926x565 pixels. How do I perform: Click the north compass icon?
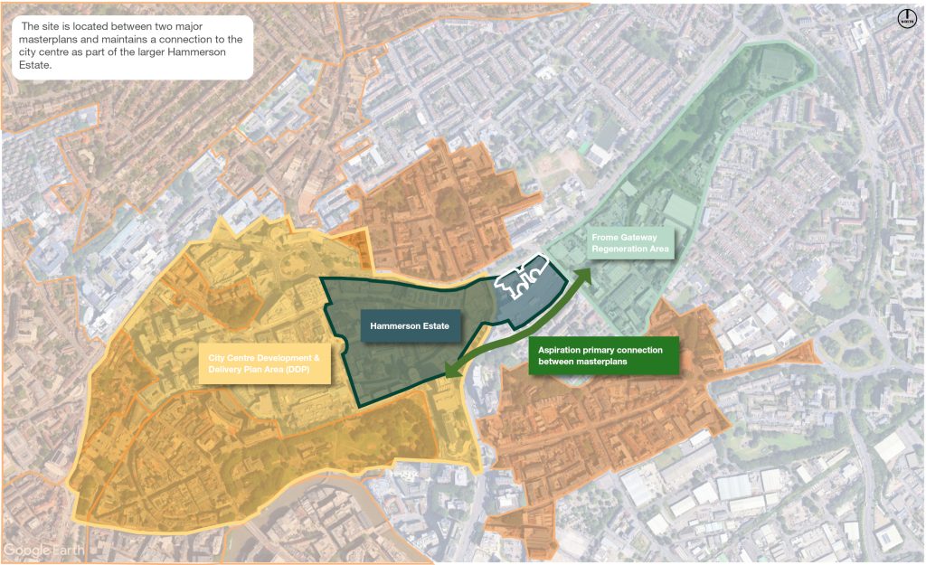908,17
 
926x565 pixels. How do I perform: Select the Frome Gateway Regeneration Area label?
630,242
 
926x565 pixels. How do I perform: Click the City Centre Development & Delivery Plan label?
265,363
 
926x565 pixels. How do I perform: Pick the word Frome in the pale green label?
606,237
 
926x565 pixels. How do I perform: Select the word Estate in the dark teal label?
434,325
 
